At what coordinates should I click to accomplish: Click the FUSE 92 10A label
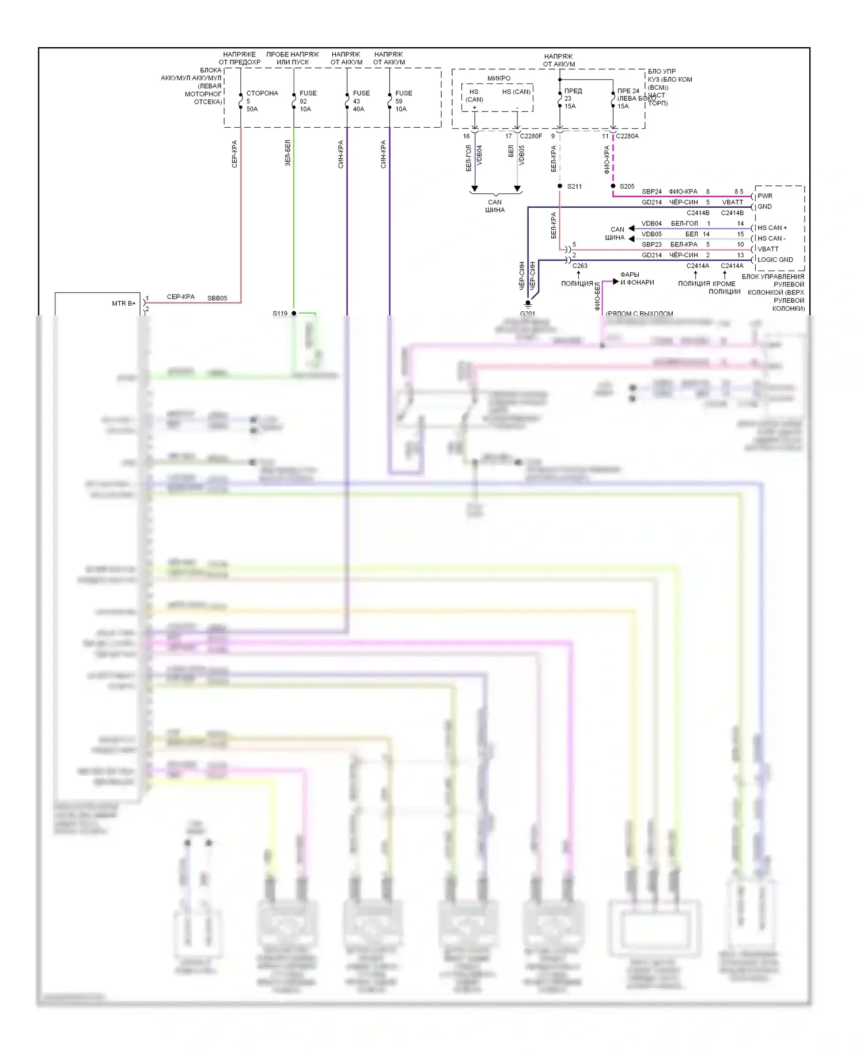(x=308, y=101)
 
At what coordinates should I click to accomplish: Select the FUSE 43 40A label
(x=361, y=101)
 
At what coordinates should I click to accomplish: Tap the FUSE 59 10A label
(x=403, y=101)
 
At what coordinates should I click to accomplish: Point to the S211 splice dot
(x=560, y=186)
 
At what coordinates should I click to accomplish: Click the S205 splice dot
(x=613, y=186)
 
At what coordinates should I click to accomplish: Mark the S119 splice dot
(x=294, y=313)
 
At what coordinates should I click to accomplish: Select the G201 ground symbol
(x=528, y=304)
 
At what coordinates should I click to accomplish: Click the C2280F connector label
(x=530, y=136)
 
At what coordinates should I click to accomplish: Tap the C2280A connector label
(x=627, y=136)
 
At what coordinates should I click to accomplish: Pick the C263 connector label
(x=579, y=266)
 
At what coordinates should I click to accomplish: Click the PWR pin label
(x=765, y=196)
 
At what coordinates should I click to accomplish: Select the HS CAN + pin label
(x=772, y=228)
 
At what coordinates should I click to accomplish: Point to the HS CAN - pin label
(x=771, y=238)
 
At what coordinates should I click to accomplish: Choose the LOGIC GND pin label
(x=775, y=260)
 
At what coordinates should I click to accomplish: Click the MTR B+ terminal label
(x=123, y=303)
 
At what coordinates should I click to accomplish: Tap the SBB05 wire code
(x=217, y=298)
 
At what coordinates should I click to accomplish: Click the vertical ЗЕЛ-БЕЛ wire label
(x=288, y=153)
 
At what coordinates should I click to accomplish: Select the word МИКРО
(x=499, y=78)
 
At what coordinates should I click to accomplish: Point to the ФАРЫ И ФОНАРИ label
(x=636, y=279)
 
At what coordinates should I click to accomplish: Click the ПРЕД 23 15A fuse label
(x=572, y=98)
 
